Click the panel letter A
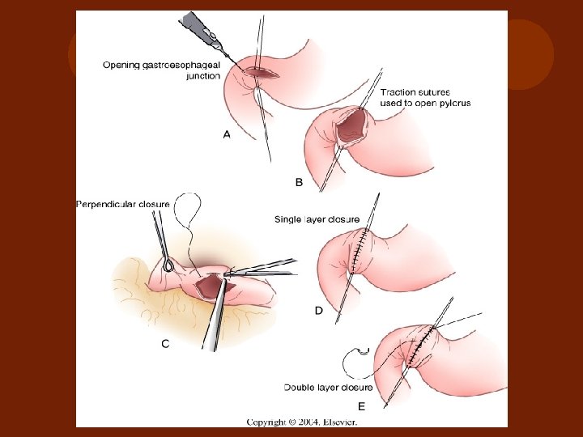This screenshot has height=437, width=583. click(x=227, y=136)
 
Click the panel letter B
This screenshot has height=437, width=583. click(x=299, y=183)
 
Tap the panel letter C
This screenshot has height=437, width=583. click(x=165, y=344)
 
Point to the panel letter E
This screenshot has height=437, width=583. click(x=361, y=407)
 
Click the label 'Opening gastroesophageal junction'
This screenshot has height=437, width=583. click(x=161, y=70)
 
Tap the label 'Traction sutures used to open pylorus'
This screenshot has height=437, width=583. click(x=425, y=98)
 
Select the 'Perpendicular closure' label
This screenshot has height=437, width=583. click(x=122, y=204)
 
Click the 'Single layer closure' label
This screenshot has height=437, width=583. click(x=317, y=218)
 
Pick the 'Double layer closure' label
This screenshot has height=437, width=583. click(x=328, y=387)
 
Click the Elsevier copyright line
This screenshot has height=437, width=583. click(x=291, y=422)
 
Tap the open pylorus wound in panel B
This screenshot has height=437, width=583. click(x=349, y=128)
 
